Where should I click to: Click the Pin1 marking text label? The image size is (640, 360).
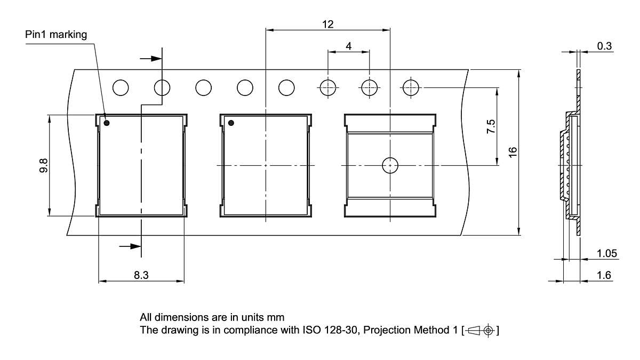tap(56, 34)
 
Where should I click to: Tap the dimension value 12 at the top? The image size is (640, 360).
tap(327, 23)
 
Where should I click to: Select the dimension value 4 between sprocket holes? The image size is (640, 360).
tap(348, 46)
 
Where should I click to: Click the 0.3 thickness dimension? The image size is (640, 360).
tap(604, 46)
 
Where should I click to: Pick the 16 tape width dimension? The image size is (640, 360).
tap(513, 151)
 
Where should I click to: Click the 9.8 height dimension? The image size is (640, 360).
tap(43, 165)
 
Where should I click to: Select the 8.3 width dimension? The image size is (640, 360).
tap(141, 275)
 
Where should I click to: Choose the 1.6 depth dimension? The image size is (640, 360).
tap(604, 275)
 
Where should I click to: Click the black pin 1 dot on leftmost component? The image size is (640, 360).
tap(106, 123)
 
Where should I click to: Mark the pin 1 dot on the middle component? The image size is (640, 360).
tap(231, 123)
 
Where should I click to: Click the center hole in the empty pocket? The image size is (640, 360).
tap(390, 166)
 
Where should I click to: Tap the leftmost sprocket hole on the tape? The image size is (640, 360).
tap(121, 87)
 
